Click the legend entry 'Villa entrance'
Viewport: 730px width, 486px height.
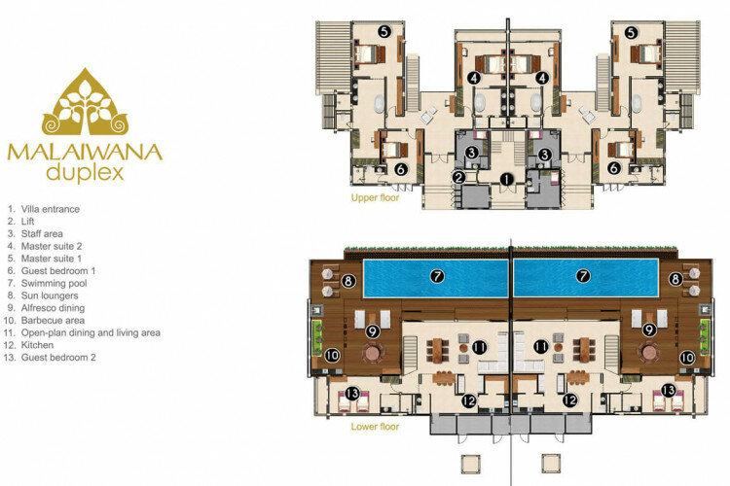pyautogui.click(x=51, y=209)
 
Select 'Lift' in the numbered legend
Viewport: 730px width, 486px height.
pyautogui.click(x=27, y=222)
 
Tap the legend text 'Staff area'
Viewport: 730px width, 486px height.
pyautogui.click(x=42, y=234)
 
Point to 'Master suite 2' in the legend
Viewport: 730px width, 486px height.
pyautogui.click(x=52, y=247)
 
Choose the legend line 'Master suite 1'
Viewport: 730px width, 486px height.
pyautogui.click(x=52, y=259)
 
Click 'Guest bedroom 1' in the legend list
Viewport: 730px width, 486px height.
pyautogui.click(x=58, y=271)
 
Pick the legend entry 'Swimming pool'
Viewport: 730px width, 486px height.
pyautogui.click(x=54, y=283)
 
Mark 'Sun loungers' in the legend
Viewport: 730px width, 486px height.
pyautogui.click(x=50, y=295)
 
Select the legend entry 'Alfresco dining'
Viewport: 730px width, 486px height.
pyautogui.click(x=54, y=308)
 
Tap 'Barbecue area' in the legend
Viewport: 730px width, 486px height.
pyautogui.click(x=54, y=321)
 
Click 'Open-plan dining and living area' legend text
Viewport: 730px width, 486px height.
pyautogui.click(x=91, y=333)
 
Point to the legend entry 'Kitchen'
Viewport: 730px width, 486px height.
pyautogui.click(x=37, y=345)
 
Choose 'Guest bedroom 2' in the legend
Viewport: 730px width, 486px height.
pyautogui.click(x=58, y=358)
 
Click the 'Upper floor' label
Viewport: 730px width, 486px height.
pyautogui.click(x=375, y=197)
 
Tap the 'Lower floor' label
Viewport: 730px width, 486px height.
pyautogui.click(x=375, y=427)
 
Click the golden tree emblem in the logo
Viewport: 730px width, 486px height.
pyautogui.click(x=85, y=103)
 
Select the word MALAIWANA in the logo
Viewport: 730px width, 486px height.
pyautogui.click(x=85, y=153)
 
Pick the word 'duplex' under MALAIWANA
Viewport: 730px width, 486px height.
pyautogui.click(x=86, y=173)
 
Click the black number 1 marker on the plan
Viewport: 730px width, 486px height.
pyautogui.click(x=506, y=179)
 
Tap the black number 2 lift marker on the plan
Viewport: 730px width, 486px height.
pyautogui.click(x=458, y=177)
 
